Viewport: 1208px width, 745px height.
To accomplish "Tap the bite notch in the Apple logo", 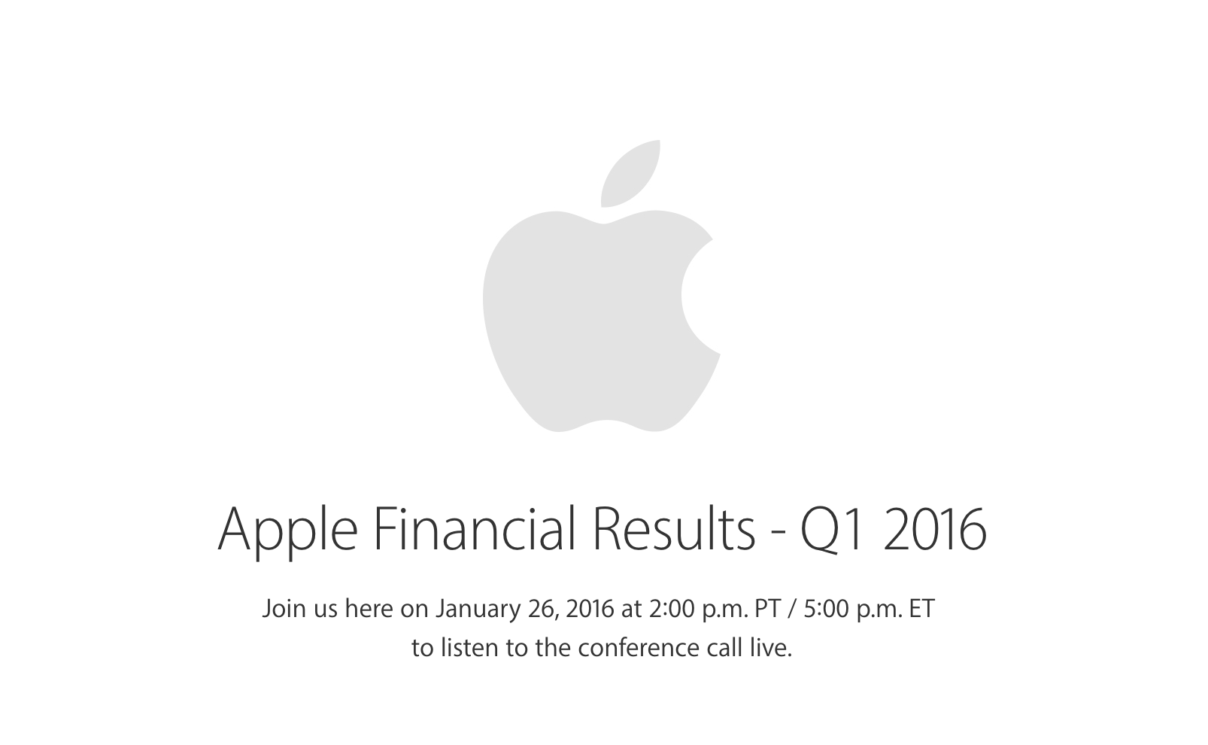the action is click(697, 296).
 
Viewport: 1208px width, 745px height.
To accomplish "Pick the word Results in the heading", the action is click(673, 528).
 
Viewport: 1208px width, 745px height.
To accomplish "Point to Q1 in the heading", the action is click(836, 531).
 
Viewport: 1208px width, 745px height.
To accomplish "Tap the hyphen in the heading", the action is click(778, 534).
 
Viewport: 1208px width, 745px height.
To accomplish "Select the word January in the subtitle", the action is click(478, 610).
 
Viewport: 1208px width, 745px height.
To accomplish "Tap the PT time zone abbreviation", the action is click(767, 609).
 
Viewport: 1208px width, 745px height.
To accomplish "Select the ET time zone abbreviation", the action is click(921, 609).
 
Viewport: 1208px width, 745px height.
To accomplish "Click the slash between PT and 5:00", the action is click(792, 609).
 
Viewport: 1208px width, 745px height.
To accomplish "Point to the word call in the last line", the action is click(725, 648).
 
